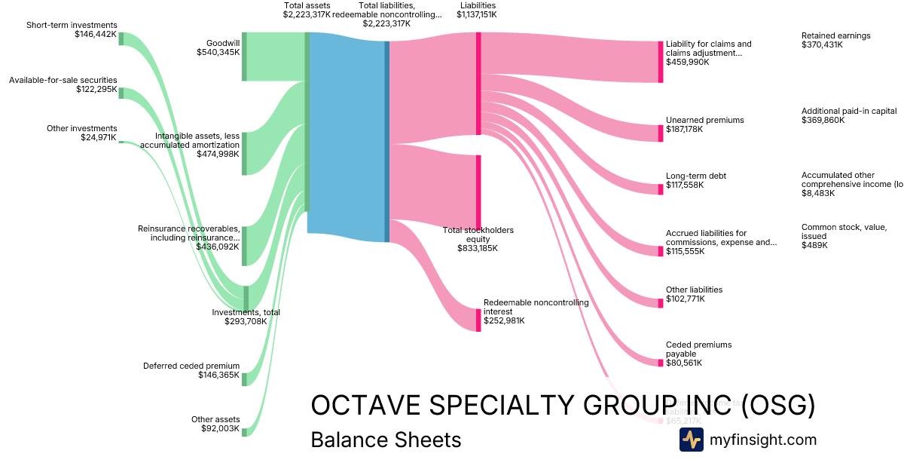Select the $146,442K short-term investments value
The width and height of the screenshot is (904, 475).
96,34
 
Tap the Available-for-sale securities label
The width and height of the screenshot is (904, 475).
63,80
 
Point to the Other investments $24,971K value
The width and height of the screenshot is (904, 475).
99,137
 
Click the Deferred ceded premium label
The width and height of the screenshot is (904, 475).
191,366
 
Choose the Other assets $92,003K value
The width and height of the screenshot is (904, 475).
219,428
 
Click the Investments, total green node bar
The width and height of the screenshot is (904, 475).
246,297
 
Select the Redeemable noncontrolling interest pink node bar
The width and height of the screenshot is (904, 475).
478,320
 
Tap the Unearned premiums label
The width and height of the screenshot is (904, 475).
704,120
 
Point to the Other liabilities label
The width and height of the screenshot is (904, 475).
694,290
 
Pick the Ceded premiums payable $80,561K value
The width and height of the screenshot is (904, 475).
684,363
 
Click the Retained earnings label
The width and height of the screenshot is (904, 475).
835,35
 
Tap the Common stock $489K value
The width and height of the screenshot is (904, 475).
814,245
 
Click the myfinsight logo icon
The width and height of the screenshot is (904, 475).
691,440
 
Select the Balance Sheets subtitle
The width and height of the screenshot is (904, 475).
386,440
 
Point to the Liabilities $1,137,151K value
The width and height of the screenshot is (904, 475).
477,14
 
